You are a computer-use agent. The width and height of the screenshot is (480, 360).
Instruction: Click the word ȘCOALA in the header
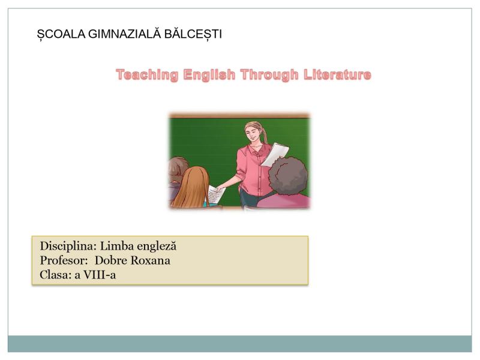click(61, 34)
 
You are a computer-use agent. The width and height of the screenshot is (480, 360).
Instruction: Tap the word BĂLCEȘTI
click(193, 34)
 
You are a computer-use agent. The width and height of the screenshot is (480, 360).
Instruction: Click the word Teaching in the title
click(147, 75)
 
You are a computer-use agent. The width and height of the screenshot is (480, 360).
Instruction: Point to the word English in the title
click(209, 75)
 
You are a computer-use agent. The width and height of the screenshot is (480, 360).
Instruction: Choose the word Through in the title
click(269, 75)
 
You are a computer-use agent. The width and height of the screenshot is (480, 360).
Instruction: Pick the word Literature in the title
click(337, 74)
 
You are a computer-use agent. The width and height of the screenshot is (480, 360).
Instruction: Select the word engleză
click(157, 247)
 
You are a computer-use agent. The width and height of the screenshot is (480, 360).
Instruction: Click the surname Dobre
click(111, 260)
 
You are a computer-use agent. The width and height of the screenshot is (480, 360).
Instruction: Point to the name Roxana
click(151, 260)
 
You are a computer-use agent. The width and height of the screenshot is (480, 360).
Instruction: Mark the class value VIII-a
click(100, 275)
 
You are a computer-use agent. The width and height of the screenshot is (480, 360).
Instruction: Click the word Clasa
click(55, 275)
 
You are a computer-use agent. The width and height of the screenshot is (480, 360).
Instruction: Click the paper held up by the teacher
click(275, 155)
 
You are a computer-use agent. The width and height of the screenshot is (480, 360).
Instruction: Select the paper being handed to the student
click(216, 194)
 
